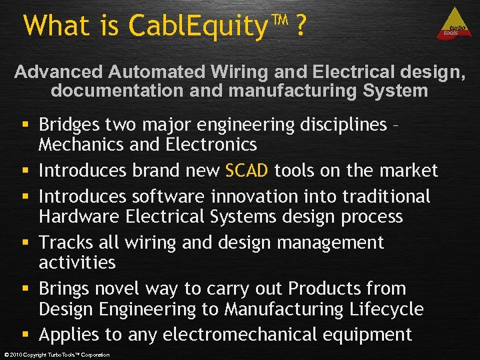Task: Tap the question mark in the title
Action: pyautogui.click(x=301, y=26)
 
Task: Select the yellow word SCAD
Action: pyautogui.click(x=247, y=171)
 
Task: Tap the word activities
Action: pyautogui.click(x=77, y=263)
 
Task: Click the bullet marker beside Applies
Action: pyautogui.click(x=25, y=335)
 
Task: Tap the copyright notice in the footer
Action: pyautogui.click(x=57, y=355)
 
